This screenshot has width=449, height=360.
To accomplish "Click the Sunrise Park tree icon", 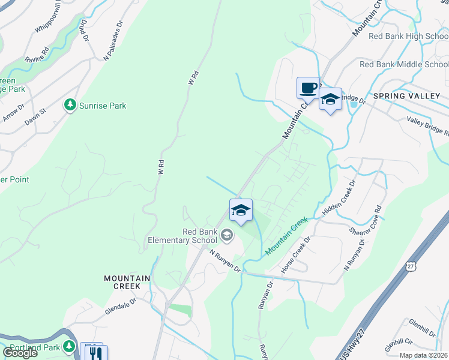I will pos(71,106).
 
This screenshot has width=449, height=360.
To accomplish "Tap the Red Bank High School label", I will pos(408,36).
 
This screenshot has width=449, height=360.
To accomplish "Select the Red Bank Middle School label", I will pos(404,64).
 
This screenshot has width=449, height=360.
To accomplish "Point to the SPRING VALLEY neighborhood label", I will pos(406,96).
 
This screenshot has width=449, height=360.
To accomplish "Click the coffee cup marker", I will pos(308,88).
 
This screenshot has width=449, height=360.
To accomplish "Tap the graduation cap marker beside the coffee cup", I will pos(330,100).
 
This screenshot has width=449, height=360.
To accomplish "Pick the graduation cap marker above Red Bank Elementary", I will pos(241,211).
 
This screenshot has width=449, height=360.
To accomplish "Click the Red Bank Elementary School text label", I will pos(182,236).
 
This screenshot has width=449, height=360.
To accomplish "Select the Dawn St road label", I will pos(35,116).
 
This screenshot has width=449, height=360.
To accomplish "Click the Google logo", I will pos(20,353).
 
